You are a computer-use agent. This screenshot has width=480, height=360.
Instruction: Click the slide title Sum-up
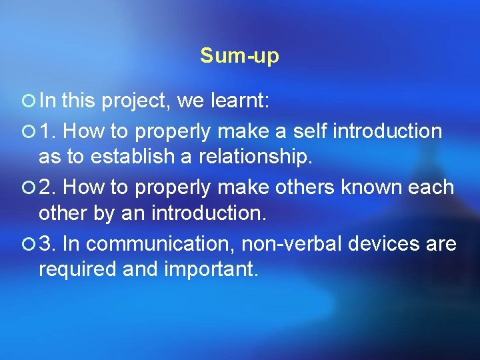point(239,57)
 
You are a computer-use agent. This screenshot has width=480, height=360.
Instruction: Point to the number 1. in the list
point(47,131)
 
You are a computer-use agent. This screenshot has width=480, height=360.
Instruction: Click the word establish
point(124,159)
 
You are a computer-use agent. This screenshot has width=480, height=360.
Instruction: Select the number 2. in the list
point(47,187)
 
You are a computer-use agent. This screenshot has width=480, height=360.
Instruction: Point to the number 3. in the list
point(47,244)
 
